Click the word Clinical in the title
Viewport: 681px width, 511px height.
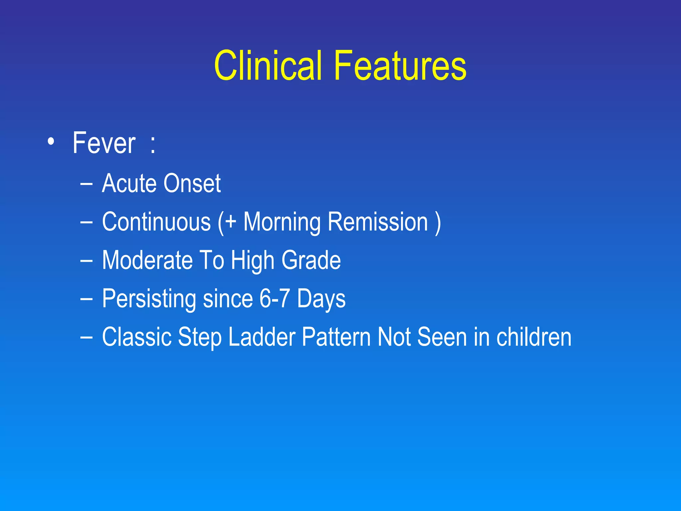[x=268, y=66]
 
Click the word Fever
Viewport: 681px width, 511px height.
[x=104, y=143]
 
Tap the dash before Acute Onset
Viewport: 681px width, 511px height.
[x=86, y=184]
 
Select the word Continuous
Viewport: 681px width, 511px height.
[x=156, y=222]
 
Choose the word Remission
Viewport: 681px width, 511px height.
[x=378, y=222]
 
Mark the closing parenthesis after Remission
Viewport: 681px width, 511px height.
[x=438, y=223]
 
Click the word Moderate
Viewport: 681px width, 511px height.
[x=147, y=260]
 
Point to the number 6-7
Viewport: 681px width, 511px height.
[x=274, y=298]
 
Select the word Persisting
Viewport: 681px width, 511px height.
[x=149, y=299]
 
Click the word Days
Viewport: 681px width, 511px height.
[x=321, y=299]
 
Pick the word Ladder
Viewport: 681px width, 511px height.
[x=262, y=337]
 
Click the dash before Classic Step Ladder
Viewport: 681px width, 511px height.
[x=86, y=337]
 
